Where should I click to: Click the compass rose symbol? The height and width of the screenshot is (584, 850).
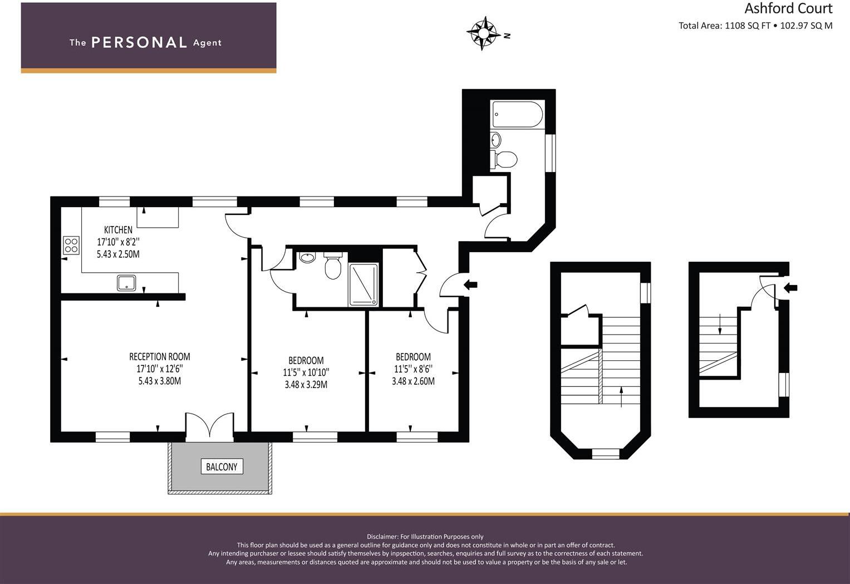[x=483, y=34]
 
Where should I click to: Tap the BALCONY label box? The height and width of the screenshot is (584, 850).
[x=222, y=467]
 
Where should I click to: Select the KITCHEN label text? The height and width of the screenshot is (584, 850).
[x=118, y=229]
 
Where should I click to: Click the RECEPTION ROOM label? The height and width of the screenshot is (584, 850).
[x=159, y=356]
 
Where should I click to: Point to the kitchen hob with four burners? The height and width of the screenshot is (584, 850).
[x=71, y=245]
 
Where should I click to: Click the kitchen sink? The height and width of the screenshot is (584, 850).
[x=126, y=283]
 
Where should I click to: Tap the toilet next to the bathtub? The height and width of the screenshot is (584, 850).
[x=505, y=159]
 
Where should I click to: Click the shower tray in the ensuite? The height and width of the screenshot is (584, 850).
[x=363, y=284]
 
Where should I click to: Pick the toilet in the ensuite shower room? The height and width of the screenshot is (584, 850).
[x=333, y=267]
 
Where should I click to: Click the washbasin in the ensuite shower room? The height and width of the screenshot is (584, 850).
[x=307, y=258]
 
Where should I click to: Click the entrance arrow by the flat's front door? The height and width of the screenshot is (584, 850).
[x=470, y=285]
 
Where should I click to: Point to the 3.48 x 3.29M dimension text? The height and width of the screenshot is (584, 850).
[x=306, y=384]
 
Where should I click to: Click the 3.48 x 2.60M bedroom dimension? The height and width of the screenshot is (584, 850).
[x=413, y=381]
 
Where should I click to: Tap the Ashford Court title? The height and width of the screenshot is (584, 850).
[x=788, y=8]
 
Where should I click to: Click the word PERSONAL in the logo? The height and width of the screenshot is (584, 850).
[x=139, y=42]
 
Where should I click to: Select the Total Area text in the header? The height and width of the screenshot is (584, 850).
[x=755, y=25]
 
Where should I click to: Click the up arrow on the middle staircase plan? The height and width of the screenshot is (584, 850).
[x=621, y=397]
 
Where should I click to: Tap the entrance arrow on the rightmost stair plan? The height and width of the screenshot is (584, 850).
[x=790, y=288]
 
